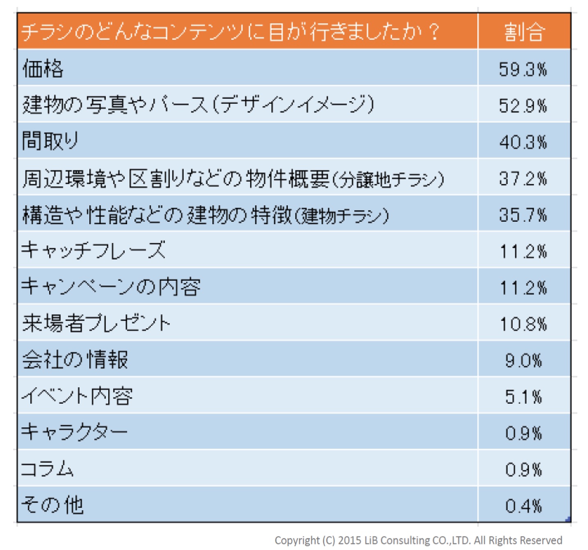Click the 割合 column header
[524, 32]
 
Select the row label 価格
[43, 68]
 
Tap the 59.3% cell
[523, 69]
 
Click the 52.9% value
[523, 106]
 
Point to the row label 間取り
[50, 141]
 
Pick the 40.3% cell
[523, 142]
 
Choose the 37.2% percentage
[523, 179]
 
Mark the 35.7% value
[523, 215]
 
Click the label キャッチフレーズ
[93, 250]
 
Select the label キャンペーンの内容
[111, 286]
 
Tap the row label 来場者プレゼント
[96, 323]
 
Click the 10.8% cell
[523, 324]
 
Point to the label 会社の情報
[75, 359]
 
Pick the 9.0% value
[523, 361]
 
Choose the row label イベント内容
[77, 396]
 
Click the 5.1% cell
[523, 397]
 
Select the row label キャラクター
[74, 432]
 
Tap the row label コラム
[47, 468]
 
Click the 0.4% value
[523, 506]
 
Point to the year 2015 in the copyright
[348, 541]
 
